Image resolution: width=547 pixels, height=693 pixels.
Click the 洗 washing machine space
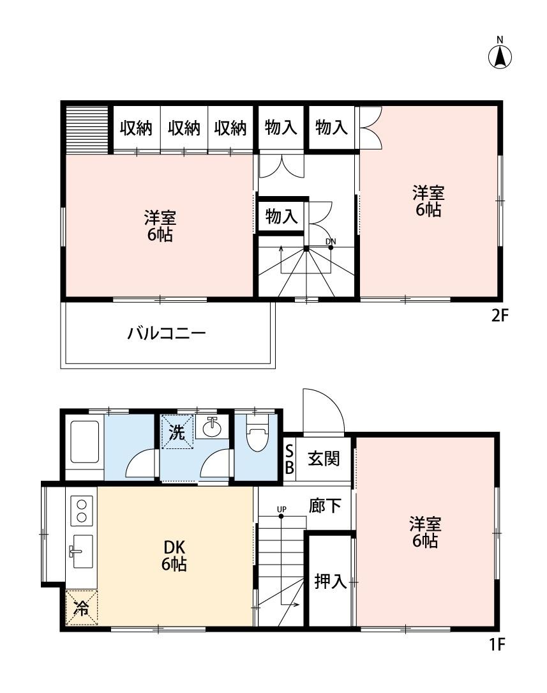tap(176, 432)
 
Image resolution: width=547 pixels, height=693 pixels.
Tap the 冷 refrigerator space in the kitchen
tap(81, 607)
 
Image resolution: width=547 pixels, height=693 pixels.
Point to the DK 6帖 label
tap(174, 556)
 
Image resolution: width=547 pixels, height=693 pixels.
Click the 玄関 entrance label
tap(324, 459)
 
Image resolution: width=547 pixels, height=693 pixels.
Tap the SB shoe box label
tap(289, 459)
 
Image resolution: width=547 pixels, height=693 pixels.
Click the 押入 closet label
tap(330, 581)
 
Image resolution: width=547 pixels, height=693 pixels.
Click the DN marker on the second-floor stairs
tap(330, 241)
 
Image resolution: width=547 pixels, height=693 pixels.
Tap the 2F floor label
tap(498, 316)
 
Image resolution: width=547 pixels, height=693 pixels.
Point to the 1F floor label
tap(497, 644)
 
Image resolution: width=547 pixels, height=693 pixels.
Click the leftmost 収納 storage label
tap(136, 128)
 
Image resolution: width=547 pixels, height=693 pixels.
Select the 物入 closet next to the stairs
tap(281, 217)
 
